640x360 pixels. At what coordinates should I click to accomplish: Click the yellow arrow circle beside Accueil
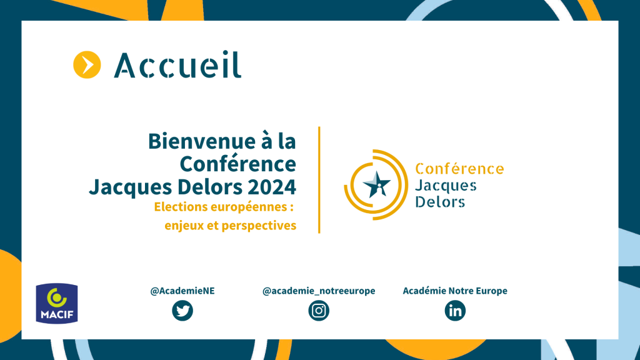pos(87,65)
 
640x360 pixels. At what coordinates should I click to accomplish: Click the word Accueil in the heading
pos(177,65)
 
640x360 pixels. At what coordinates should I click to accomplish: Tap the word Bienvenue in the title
pos(199,142)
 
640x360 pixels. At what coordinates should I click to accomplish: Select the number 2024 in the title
pos(272,187)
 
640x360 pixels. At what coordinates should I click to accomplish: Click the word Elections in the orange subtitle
pos(181,207)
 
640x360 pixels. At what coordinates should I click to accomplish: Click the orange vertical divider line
pos(319,180)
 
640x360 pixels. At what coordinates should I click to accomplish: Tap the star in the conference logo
pos(377,184)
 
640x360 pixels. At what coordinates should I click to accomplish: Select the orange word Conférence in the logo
pos(459,169)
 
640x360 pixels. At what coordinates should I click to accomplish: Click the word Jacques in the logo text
pos(446,186)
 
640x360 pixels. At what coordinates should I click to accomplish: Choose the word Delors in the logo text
pos(440,202)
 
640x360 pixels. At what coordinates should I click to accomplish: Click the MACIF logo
pos(57,303)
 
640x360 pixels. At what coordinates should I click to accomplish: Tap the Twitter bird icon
pos(182,311)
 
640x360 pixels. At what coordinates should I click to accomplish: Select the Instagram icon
pos(319,311)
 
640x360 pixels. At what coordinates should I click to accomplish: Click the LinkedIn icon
pos(455,311)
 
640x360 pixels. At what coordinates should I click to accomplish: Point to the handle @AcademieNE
pos(182,291)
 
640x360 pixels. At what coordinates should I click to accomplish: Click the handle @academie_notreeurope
pos(319,291)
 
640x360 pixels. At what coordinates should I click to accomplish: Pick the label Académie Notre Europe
pos(455,291)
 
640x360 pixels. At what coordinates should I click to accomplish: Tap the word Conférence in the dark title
pos(238,164)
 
